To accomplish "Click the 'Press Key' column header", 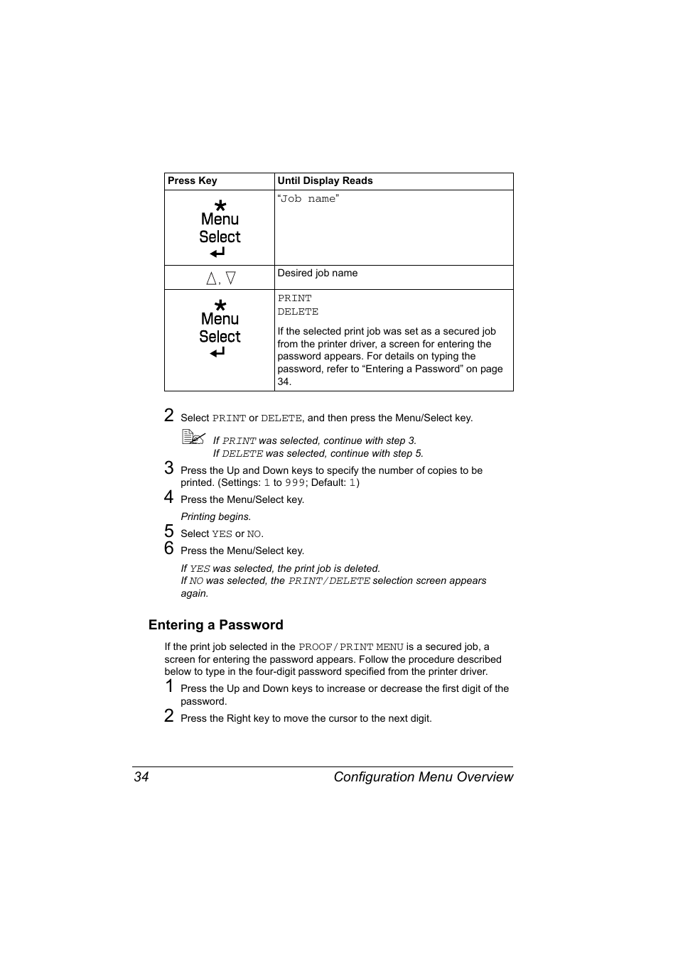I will pyautogui.click(x=192, y=181).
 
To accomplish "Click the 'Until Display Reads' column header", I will pyautogui.click(x=325, y=181).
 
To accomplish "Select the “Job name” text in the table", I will pyautogui.click(x=308, y=199).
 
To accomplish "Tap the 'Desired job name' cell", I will pyautogui.click(x=318, y=273).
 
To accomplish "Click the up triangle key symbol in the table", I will pyautogui.click(x=211, y=278).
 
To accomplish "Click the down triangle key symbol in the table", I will pyautogui.click(x=230, y=278).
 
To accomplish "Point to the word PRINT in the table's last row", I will pyautogui.click(x=294, y=298).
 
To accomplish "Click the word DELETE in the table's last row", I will pyautogui.click(x=298, y=312).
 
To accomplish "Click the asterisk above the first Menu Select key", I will pyautogui.click(x=220, y=205).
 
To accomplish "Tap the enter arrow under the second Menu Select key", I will pyautogui.click(x=217, y=352).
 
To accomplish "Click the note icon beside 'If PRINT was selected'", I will pyautogui.click(x=193, y=438).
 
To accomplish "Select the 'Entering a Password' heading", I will pyautogui.click(x=215, y=625).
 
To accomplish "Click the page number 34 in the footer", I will pyautogui.click(x=141, y=777).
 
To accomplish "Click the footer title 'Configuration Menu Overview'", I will pyautogui.click(x=423, y=777).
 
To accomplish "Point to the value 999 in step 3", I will pyautogui.click(x=295, y=483).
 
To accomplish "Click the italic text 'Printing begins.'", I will pyautogui.click(x=215, y=517).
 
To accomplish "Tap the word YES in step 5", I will pyautogui.click(x=222, y=534).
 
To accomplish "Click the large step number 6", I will pyautogui.click(x=169, y=548).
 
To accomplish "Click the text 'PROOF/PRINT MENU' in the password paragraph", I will pyautogui.click(x=350, y=647).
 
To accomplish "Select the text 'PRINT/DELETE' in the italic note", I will pyautogui.click(x=329, y=581).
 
